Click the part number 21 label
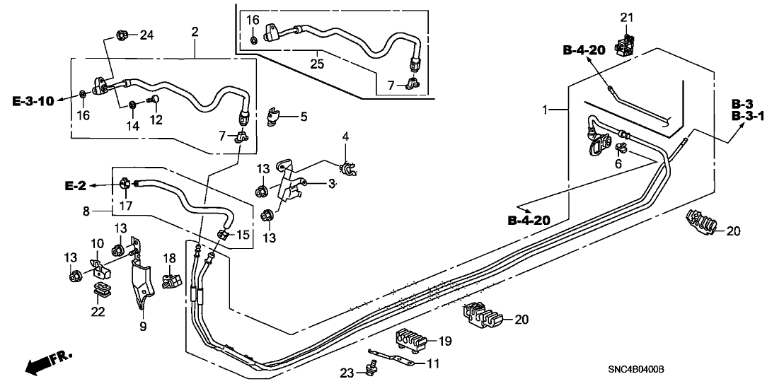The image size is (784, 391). coord(625,17)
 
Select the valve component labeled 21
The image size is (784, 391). coord(626,45)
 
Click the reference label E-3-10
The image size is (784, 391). coord(33,101)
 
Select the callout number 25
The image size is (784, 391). coord(318,64)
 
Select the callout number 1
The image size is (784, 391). coord(545,110)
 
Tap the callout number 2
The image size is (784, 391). coord(195,31)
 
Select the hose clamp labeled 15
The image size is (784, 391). coord(224,234)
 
